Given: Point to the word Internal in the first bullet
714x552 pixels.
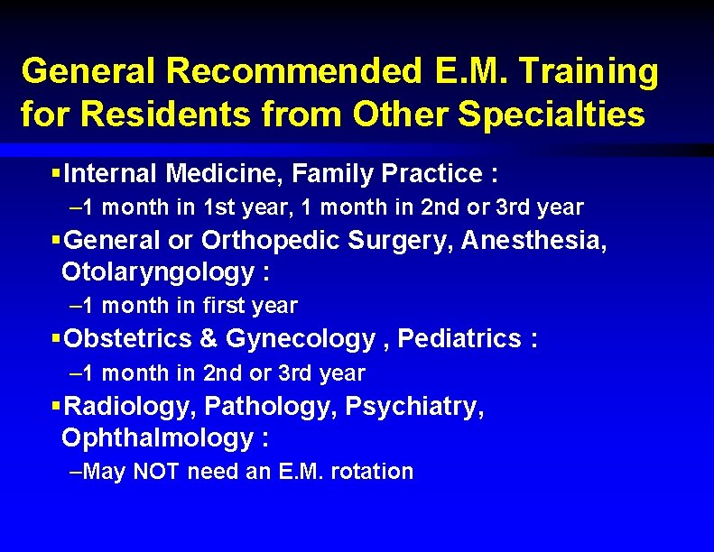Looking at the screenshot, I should coord(113,172).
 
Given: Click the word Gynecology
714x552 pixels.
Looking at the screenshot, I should coord(301,339).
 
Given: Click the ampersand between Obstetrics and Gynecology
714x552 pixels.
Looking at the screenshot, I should coord(209,339).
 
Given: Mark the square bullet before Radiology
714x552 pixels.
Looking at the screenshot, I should coord(56,407).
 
